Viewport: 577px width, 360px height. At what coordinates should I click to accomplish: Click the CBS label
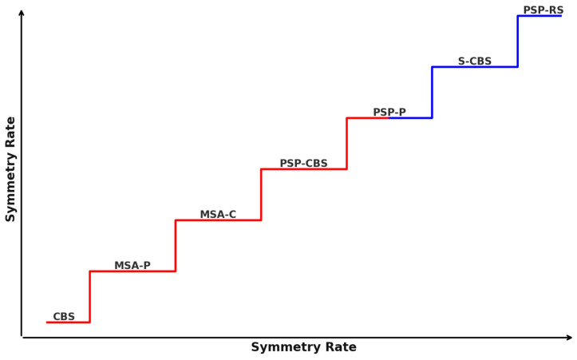pos(64,317)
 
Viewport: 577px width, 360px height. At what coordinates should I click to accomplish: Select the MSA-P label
pos(132,266)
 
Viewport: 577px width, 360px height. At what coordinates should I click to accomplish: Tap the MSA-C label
pos(218,215)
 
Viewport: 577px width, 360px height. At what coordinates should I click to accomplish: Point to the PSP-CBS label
pos(303,164)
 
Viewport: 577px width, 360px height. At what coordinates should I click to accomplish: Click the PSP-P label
pos(389,113)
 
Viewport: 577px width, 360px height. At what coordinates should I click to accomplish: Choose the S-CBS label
pos(475,61)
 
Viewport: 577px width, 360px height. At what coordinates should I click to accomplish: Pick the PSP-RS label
pos(543,10)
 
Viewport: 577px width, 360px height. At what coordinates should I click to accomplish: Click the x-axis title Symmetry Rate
pos(303,347)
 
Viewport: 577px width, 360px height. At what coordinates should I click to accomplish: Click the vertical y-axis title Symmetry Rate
pos(11,169)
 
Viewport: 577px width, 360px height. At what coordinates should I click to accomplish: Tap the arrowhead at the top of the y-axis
pos(22,12)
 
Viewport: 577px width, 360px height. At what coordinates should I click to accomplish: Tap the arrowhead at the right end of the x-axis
pos(569,338)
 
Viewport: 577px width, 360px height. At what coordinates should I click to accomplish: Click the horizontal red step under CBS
pos(68,322)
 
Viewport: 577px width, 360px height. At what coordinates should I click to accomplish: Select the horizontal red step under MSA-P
pos(132,271)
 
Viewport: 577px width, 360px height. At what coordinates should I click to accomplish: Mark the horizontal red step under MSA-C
pos(218,220)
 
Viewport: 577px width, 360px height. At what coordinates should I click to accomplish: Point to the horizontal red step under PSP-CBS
pos(303,169)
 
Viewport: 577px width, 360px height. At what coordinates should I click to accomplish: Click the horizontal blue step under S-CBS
pos(475,67)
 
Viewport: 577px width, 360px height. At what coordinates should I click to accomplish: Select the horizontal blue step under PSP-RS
pos(539,16)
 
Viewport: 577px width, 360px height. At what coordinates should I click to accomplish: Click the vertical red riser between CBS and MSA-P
pos(89,297)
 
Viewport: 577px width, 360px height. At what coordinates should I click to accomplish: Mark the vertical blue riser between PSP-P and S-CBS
pos(432,93)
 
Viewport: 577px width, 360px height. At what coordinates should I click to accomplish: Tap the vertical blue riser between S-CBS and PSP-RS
pos(517,42)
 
